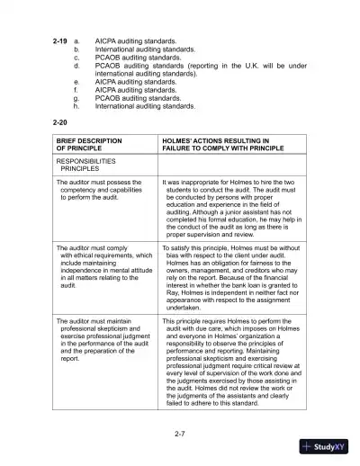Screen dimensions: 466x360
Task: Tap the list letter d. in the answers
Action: [76, 66]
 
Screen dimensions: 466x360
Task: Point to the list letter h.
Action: [76, 106]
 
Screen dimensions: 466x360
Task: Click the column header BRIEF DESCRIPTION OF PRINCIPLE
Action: [90, 146]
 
